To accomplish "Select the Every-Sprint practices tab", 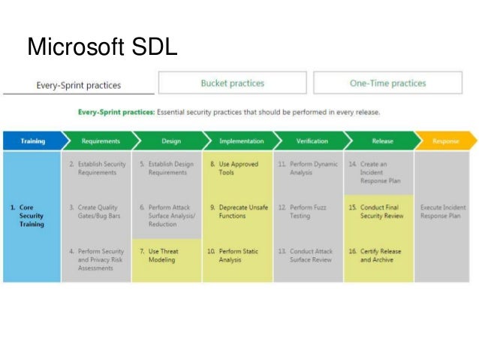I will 78,85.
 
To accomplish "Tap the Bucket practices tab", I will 232,83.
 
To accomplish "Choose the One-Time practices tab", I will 387,83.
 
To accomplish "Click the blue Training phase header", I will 32,141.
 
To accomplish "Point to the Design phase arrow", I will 170,141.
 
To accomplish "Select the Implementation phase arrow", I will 240,141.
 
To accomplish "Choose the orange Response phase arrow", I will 446,141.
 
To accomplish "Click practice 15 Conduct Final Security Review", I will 378,212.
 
